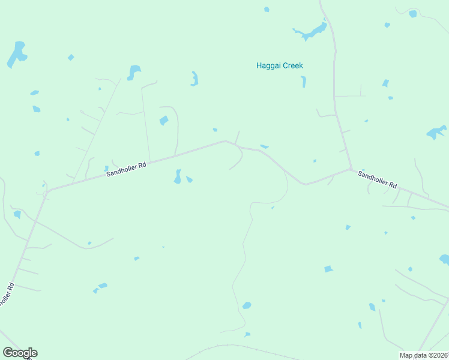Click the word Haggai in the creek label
coord(269,65)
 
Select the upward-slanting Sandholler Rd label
coord(126,170)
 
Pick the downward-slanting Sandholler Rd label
coord(378,179)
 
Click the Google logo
coord(20,353)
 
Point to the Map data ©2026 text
coord(424,355)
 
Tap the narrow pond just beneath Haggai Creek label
coord(304,82)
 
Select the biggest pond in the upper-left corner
coord(17,54)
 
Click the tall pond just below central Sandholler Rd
coord(178,176)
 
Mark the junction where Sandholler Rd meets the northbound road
coord(351,169)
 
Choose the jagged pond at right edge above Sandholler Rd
coord(436,132)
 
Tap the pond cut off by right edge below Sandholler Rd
coord(445,259)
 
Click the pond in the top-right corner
coord(413,14)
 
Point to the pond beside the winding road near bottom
coord(246,305)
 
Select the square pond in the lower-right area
coord(328,269)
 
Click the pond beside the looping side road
coord(164,121)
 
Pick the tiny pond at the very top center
coord(267,9)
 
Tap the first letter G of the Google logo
coord(8,353)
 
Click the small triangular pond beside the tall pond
coord(190,179)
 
